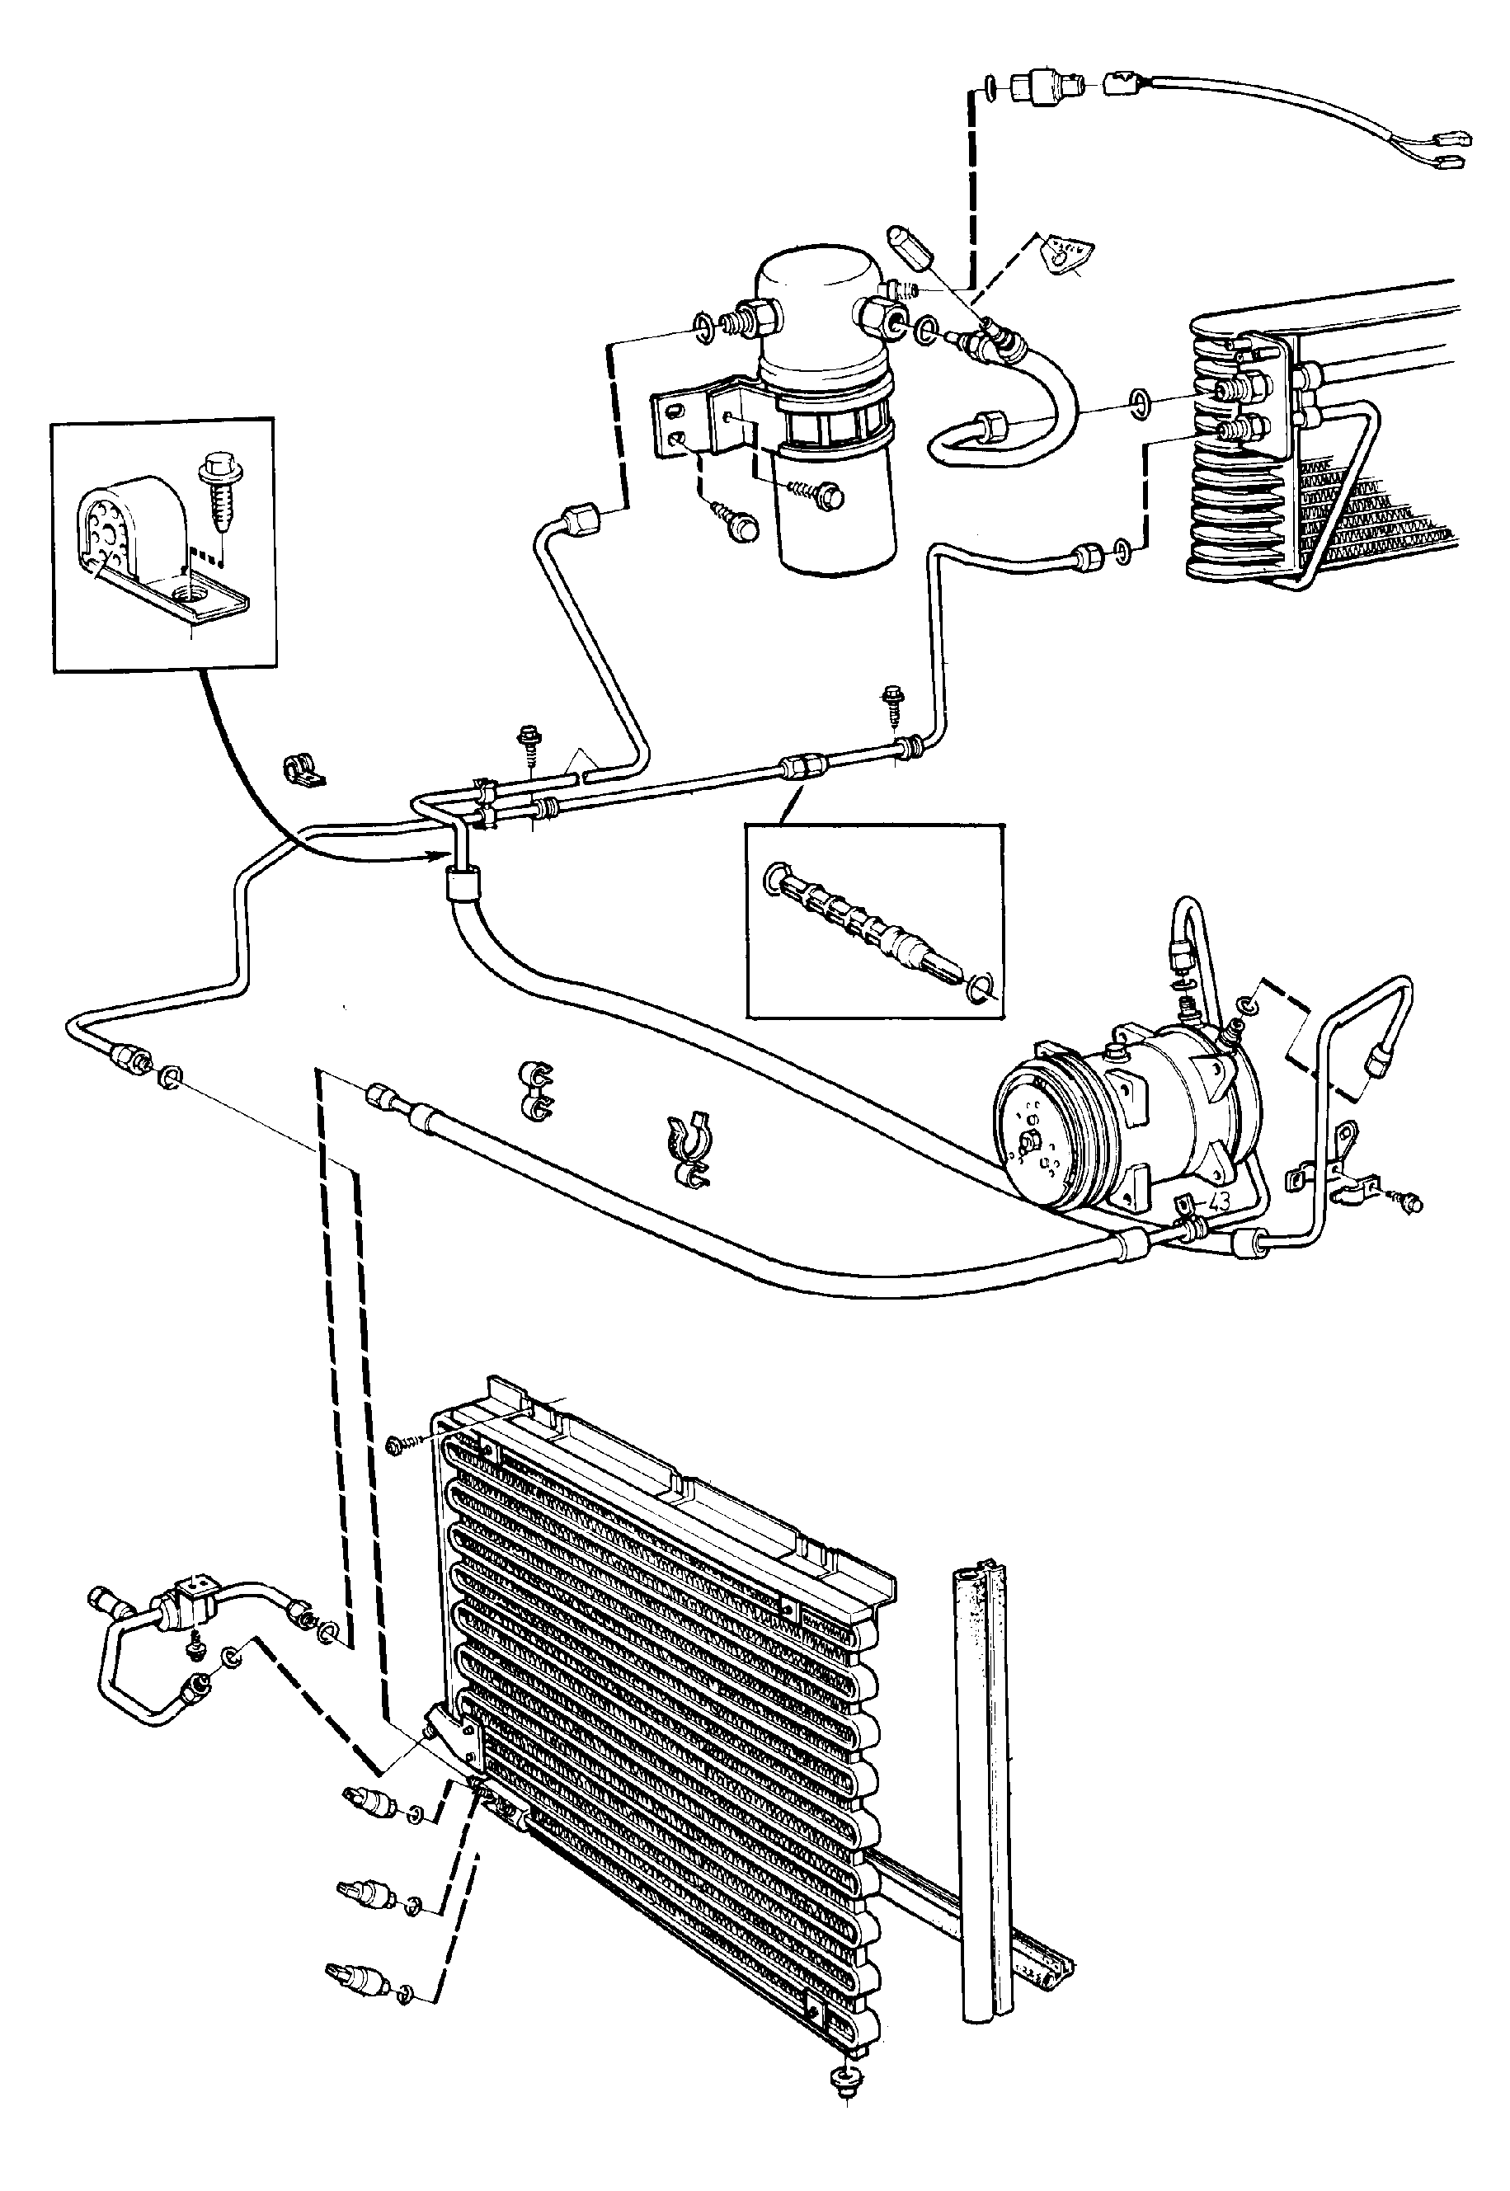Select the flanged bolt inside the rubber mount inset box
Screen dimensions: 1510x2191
pyautogui.click(x=216, y=506)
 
